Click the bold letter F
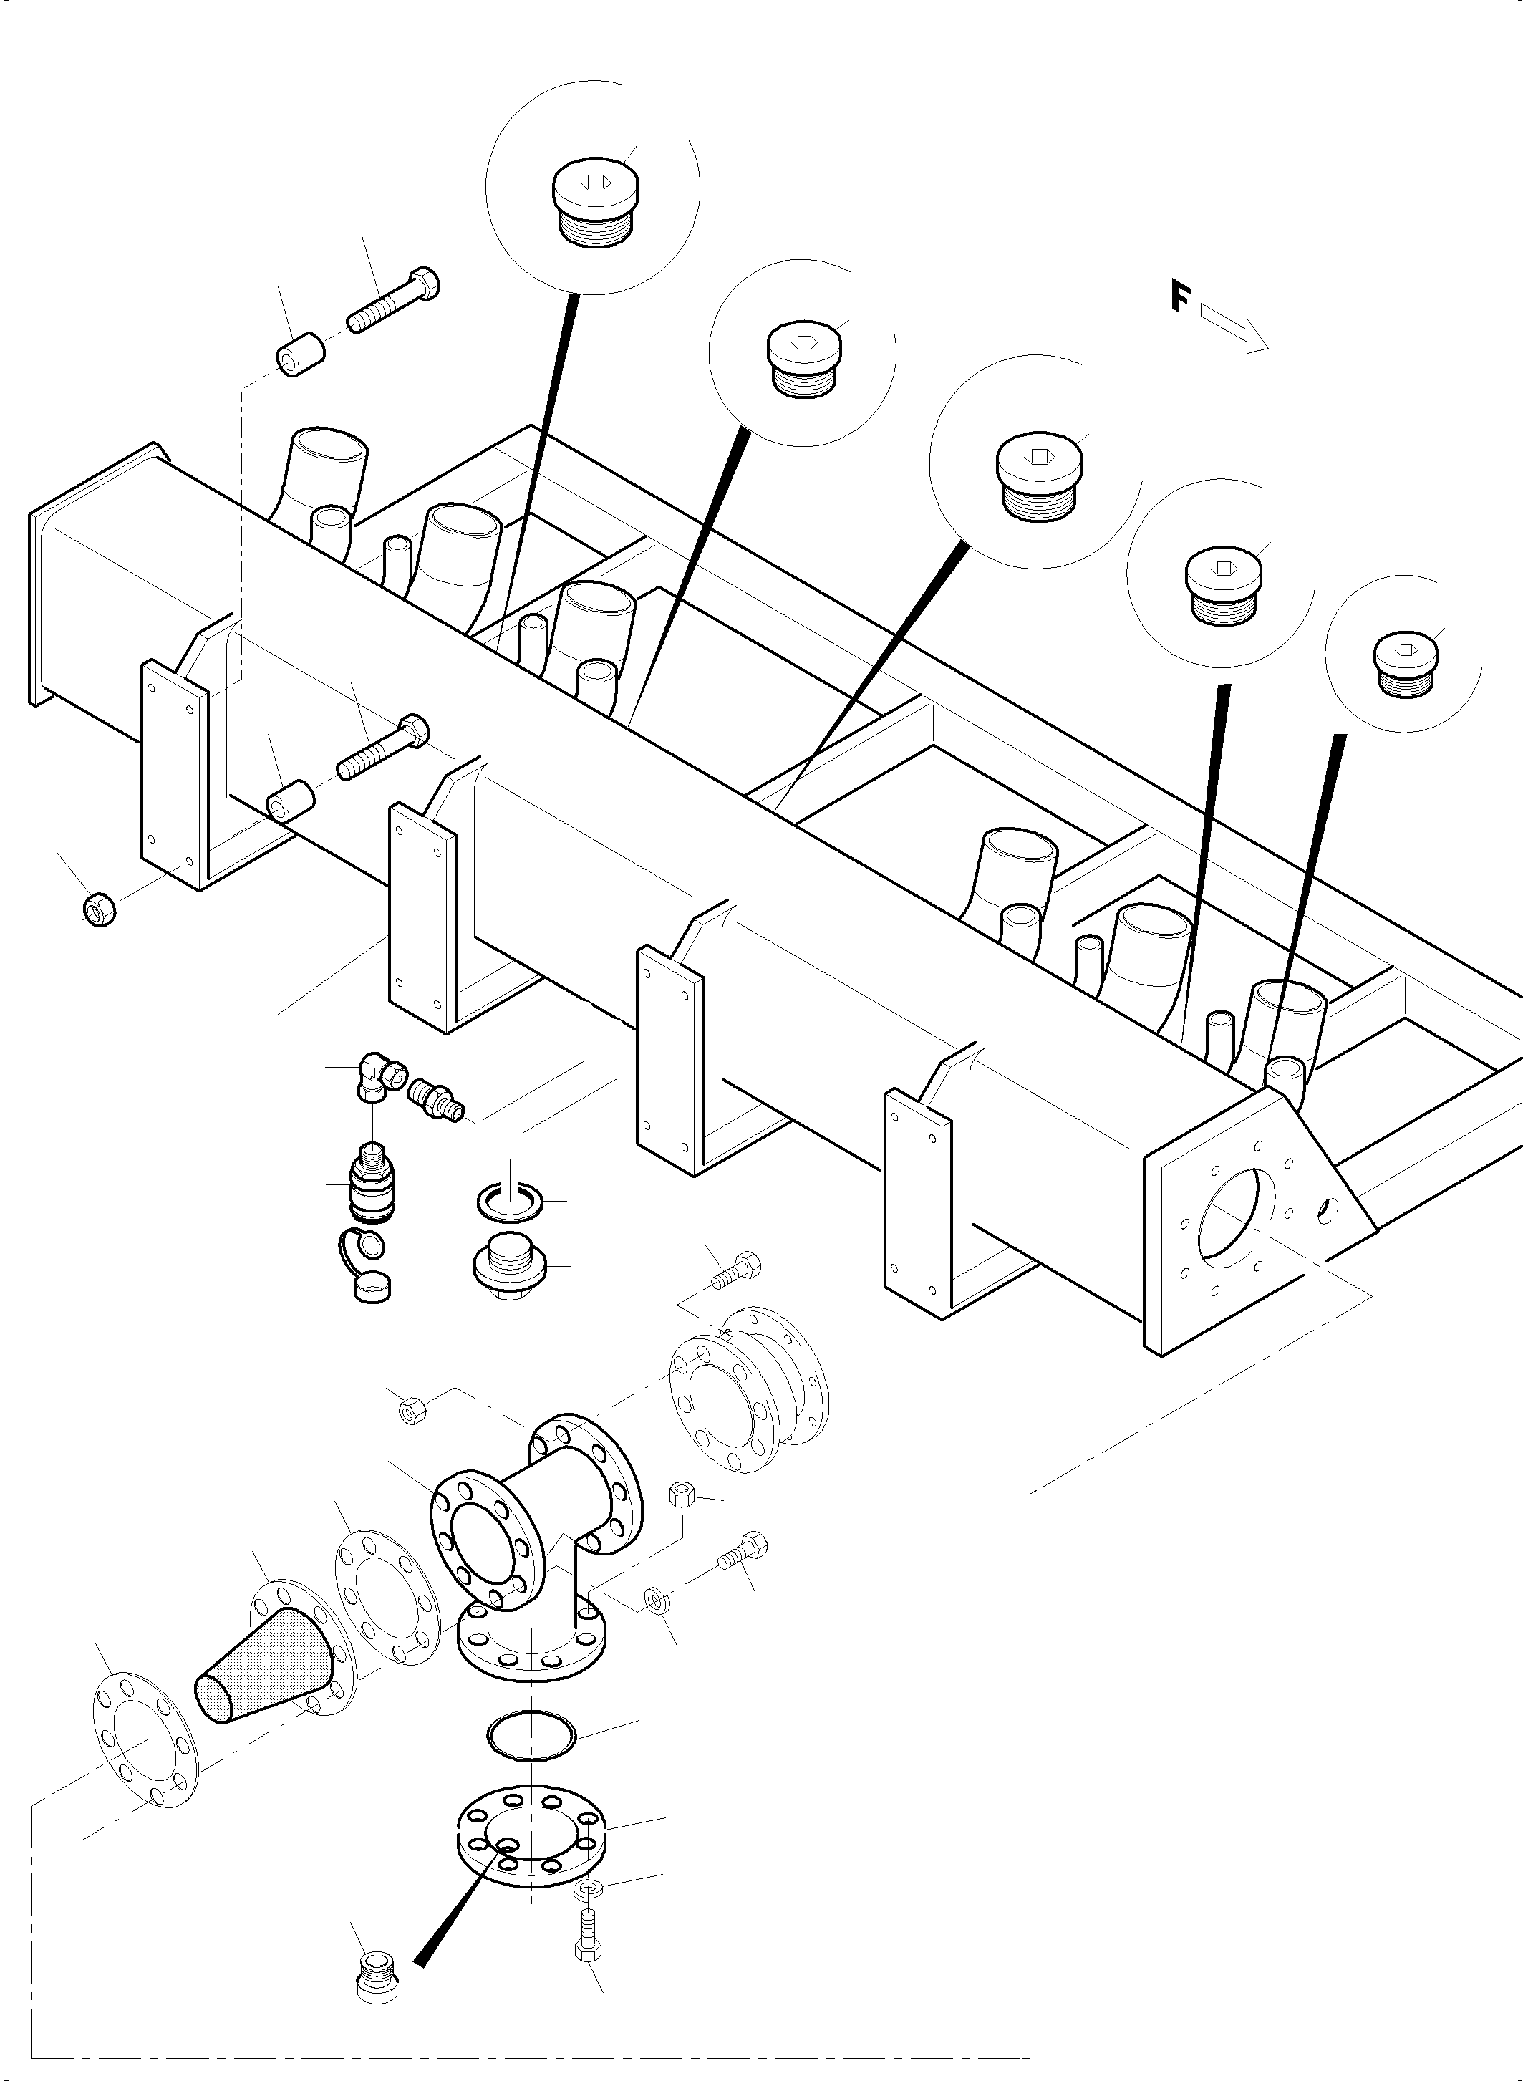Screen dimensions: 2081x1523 click(1180, 297)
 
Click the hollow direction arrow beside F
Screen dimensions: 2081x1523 click(1235, 330)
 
